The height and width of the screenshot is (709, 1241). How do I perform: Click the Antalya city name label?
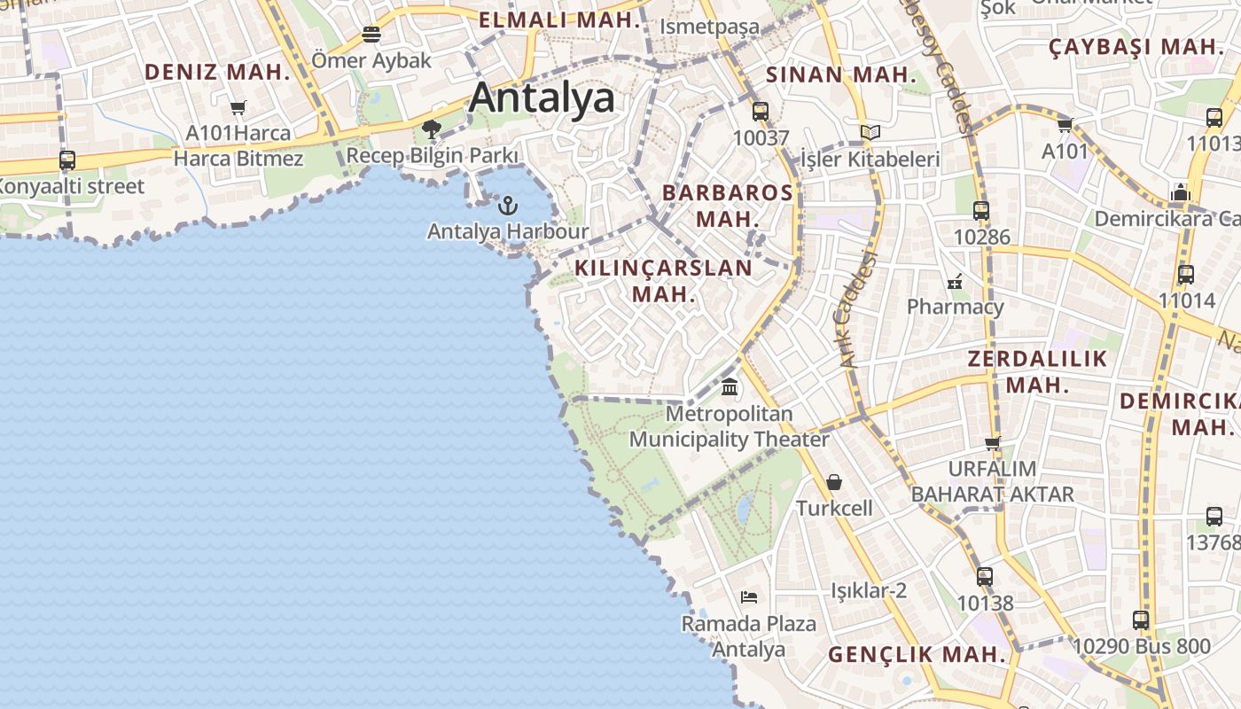click(x=541, y=97)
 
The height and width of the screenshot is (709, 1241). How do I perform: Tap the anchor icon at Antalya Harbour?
click(x=507, y=206)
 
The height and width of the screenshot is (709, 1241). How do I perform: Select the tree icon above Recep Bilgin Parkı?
click(x=432, y=130)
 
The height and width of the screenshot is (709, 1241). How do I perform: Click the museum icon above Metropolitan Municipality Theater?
click(x=730, y=386)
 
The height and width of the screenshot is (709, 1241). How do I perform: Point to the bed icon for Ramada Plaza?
click(x=749, y=597)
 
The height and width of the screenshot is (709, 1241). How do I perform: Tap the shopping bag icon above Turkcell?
click(x=834, y=482)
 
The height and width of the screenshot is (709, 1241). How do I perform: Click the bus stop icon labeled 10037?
click(x=760, y=112)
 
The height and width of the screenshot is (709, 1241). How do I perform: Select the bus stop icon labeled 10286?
click(x=981, y=211)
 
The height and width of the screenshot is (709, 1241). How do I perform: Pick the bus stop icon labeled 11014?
click(x=1186, y=275)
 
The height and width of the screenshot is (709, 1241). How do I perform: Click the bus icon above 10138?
click(x=985, y=577)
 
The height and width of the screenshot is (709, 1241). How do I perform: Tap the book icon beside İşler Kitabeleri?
click(x=870, y=133)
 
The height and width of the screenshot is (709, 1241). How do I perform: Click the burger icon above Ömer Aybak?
click(x=371, y=35)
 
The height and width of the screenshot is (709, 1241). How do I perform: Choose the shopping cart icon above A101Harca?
click(x=238, y=108)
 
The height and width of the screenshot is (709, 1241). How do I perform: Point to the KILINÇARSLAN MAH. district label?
click(x=663, y=280)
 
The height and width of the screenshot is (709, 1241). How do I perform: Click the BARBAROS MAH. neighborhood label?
click(x=728, y=205)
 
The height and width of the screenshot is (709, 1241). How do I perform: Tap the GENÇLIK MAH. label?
click(x=917, y=655)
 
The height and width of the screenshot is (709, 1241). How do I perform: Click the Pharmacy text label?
click(x=955, y=307)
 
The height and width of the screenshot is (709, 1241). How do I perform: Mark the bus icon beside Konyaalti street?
click(x=67, y=160)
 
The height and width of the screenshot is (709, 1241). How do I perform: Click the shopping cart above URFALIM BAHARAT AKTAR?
click(x=993, y=442)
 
